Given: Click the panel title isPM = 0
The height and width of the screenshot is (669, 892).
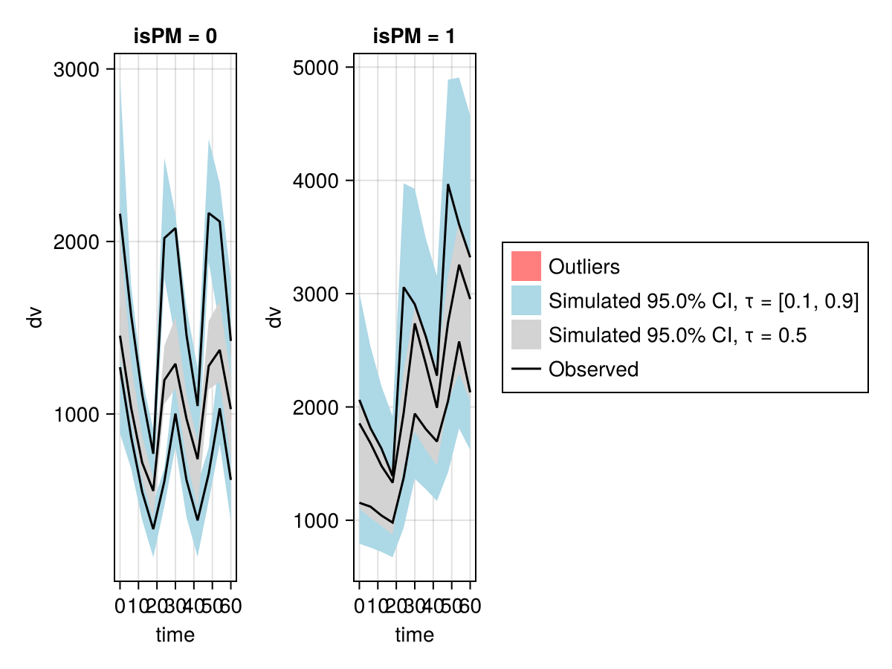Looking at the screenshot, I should pyautogui.click(x=175, y=37).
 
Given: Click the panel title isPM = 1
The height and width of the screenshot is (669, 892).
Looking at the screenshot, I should pyautogui.click(x=414, y=37).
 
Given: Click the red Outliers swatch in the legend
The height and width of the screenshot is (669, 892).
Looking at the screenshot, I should pyautogui.click(x=526, y=266).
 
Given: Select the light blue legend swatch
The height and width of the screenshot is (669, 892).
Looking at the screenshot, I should pyautogui.click(x=526, y=300).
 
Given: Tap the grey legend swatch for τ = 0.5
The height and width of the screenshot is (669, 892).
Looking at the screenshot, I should pyautogui.click(x=526, y=334).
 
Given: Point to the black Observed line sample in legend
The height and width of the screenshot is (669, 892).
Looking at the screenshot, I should pyautogui.click(x=526, y=369).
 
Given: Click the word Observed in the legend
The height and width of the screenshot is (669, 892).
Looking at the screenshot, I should pyautogui.click(x=593, y=369).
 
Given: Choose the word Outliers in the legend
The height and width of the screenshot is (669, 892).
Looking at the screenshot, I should pyautogui.click(x=584, y=266).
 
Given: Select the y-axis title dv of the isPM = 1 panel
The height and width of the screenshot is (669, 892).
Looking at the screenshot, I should pyautogui.click(x=274, y=317).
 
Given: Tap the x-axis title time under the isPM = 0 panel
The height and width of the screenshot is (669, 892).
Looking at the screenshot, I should pyautogui.click(x=175, y=635).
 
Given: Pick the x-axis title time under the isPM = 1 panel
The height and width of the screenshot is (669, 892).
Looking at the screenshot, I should pyautogui.click(x=414, y=635).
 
